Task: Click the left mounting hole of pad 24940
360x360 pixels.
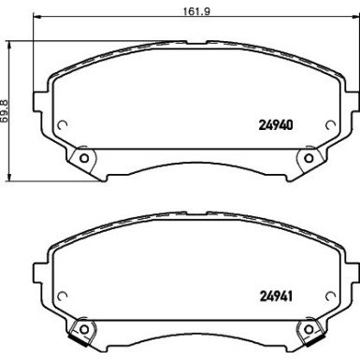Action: [83, 157]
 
